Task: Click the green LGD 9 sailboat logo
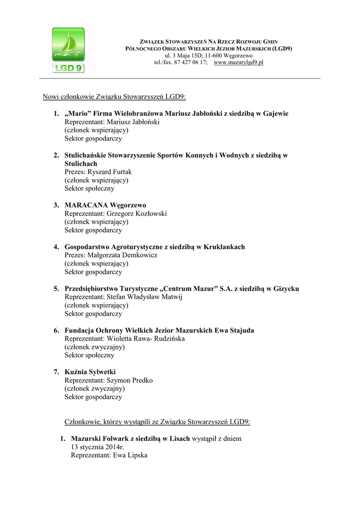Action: click(68, 50)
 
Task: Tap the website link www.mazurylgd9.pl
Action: click(238, 63)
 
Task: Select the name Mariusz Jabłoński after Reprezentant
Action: click(133, 122)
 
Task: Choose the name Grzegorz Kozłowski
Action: click(137, 214)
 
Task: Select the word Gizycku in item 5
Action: click(286, 289)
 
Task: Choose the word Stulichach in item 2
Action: click(81, 164)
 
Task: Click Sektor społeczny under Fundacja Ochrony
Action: click(90, 355)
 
